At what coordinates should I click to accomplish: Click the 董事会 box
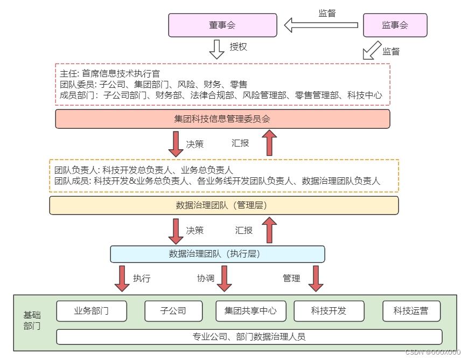[222, 25]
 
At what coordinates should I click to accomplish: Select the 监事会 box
[395, 25]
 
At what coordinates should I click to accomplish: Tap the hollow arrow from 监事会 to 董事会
[321, 25]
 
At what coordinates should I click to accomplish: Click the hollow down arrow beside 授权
[216, 49]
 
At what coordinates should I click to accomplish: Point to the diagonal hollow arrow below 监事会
[371, 50]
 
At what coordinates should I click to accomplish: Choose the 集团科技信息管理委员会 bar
[222, 119]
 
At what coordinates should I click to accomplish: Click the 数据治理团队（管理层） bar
[224, 205]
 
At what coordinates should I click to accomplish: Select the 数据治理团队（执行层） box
[218, 254]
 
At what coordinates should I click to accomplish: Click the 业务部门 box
[92, 311]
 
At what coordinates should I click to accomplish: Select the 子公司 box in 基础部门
[173, 311]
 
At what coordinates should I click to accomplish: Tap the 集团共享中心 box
[251, 311]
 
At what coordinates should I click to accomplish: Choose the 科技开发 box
[328, 311]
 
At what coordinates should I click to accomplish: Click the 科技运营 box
[411, 311]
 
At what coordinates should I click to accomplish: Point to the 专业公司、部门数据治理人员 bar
[249, 337]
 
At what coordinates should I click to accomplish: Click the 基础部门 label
[32, 321]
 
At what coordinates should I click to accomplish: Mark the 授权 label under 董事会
[239, 47]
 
